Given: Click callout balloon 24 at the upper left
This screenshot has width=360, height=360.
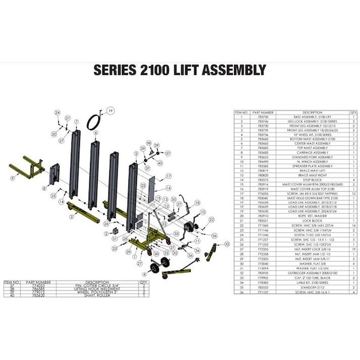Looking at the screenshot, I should (58, 113).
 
